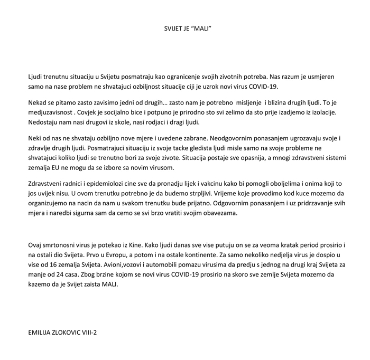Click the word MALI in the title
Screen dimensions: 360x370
coord(202,26)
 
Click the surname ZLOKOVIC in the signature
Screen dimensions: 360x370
coord(75,334)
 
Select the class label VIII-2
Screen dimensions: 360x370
coord(104,334)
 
